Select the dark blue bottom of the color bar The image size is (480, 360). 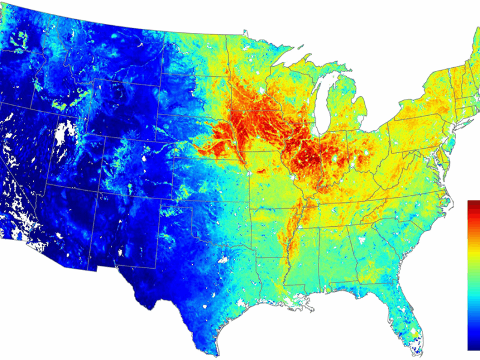click(473, 346)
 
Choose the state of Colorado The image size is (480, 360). click(129, 165)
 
